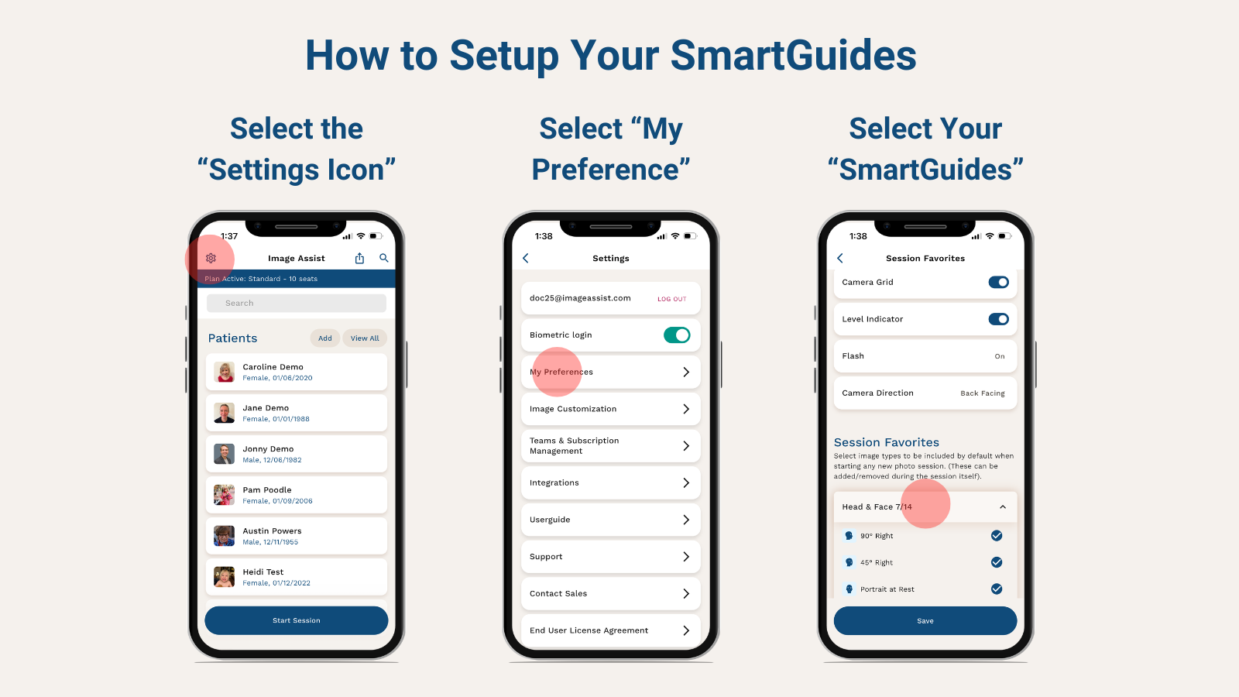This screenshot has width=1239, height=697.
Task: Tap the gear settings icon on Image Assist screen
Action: point(211,258)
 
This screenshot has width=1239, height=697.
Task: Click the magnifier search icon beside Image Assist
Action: point(384,258)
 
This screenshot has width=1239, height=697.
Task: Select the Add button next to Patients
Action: point(325,338)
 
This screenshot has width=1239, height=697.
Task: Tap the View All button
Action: point(365,338)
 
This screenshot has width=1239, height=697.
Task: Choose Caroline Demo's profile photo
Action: point(225,372)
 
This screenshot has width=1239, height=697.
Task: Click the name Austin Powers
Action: point(272,531)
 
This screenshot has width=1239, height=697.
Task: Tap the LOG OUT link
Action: point(671,299)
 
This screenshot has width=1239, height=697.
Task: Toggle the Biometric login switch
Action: point(676,335)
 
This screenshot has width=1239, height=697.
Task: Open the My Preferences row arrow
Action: point(686,373)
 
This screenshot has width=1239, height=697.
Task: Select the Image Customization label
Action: point(573,409)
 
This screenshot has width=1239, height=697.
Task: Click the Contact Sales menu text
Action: point(558,594)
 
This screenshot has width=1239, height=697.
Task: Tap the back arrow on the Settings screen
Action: point(526,259)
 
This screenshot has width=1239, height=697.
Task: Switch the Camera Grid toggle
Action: point(998,283)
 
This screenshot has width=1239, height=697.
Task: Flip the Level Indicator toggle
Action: point(998,319)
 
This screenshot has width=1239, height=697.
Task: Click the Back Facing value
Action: point(983,393)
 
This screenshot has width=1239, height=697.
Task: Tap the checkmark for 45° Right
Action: point(997,562)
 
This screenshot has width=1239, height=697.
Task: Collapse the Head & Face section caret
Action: point(1003,507)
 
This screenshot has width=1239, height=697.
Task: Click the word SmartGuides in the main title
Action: point(793,56)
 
